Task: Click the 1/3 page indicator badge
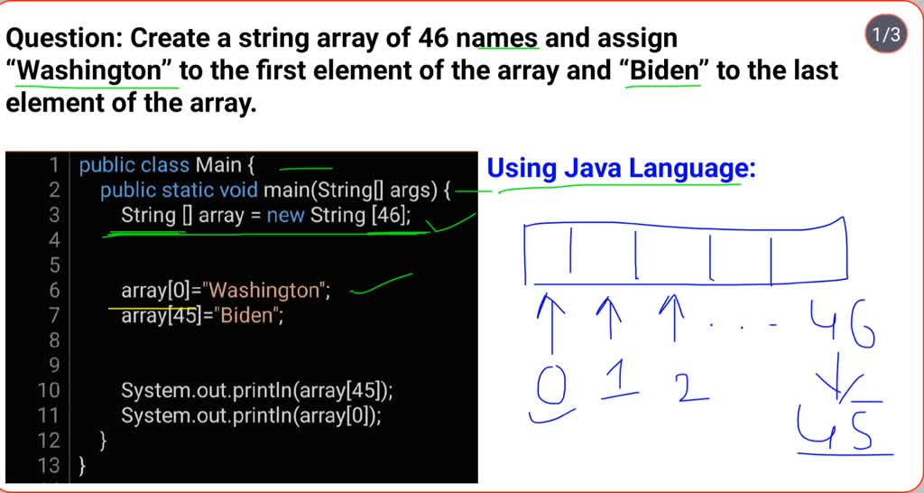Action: [x=884, y=35]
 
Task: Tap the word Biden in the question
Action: [x=665, y=70]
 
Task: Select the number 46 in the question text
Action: [x=439, y=38]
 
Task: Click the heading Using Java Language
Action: [x=620, y=168]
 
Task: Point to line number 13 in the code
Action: [x=49, y=466]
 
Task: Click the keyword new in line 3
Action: [x=285, y=215]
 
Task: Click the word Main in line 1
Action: [x=219, y=165]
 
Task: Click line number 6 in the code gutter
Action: [x=52, y=291]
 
